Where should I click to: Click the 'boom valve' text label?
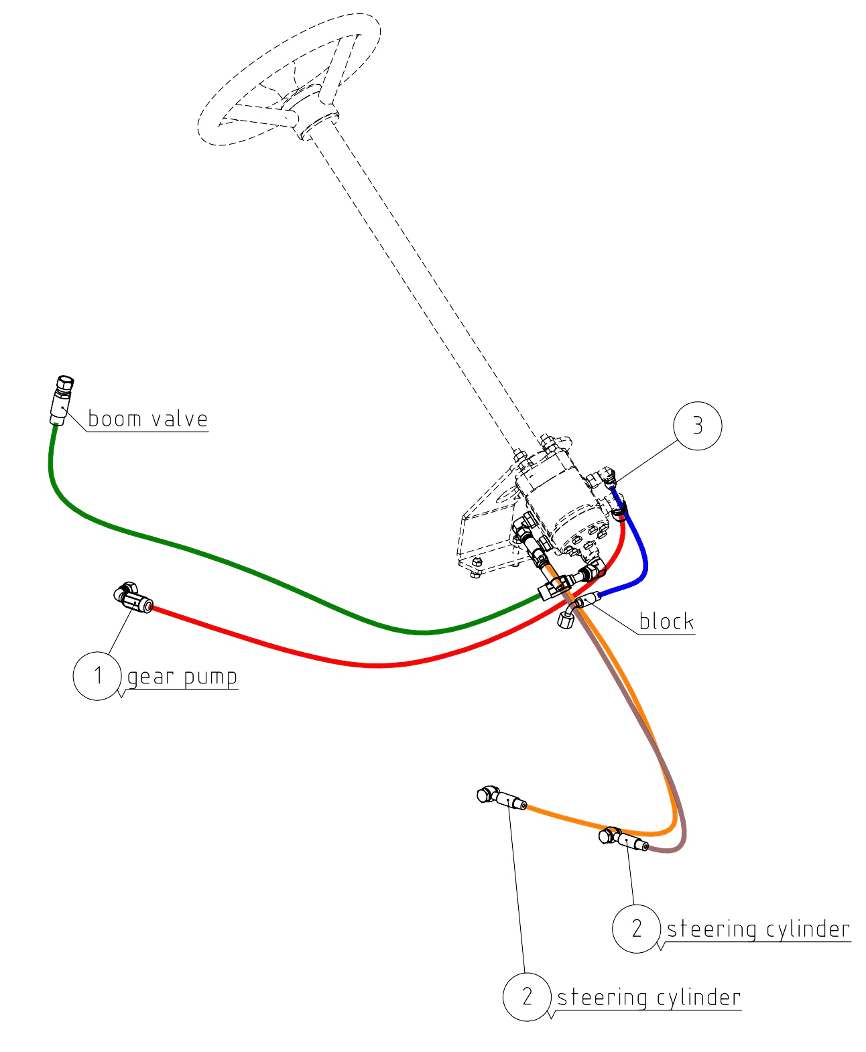pos(147,419)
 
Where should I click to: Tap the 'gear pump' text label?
pos(182,677)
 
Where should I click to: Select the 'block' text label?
pos(666,622)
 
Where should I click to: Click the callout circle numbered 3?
pos(697,426)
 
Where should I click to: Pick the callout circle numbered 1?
pos(97,676)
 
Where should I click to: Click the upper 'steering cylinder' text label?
pos(758,929)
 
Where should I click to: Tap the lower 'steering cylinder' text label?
pos(649,998)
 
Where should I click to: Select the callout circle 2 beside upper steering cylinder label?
pos(636,929)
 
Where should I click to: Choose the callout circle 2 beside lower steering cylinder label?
pos(527,996)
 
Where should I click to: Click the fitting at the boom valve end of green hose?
pos(62,401)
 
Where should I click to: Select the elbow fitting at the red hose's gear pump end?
pos(132,598)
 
